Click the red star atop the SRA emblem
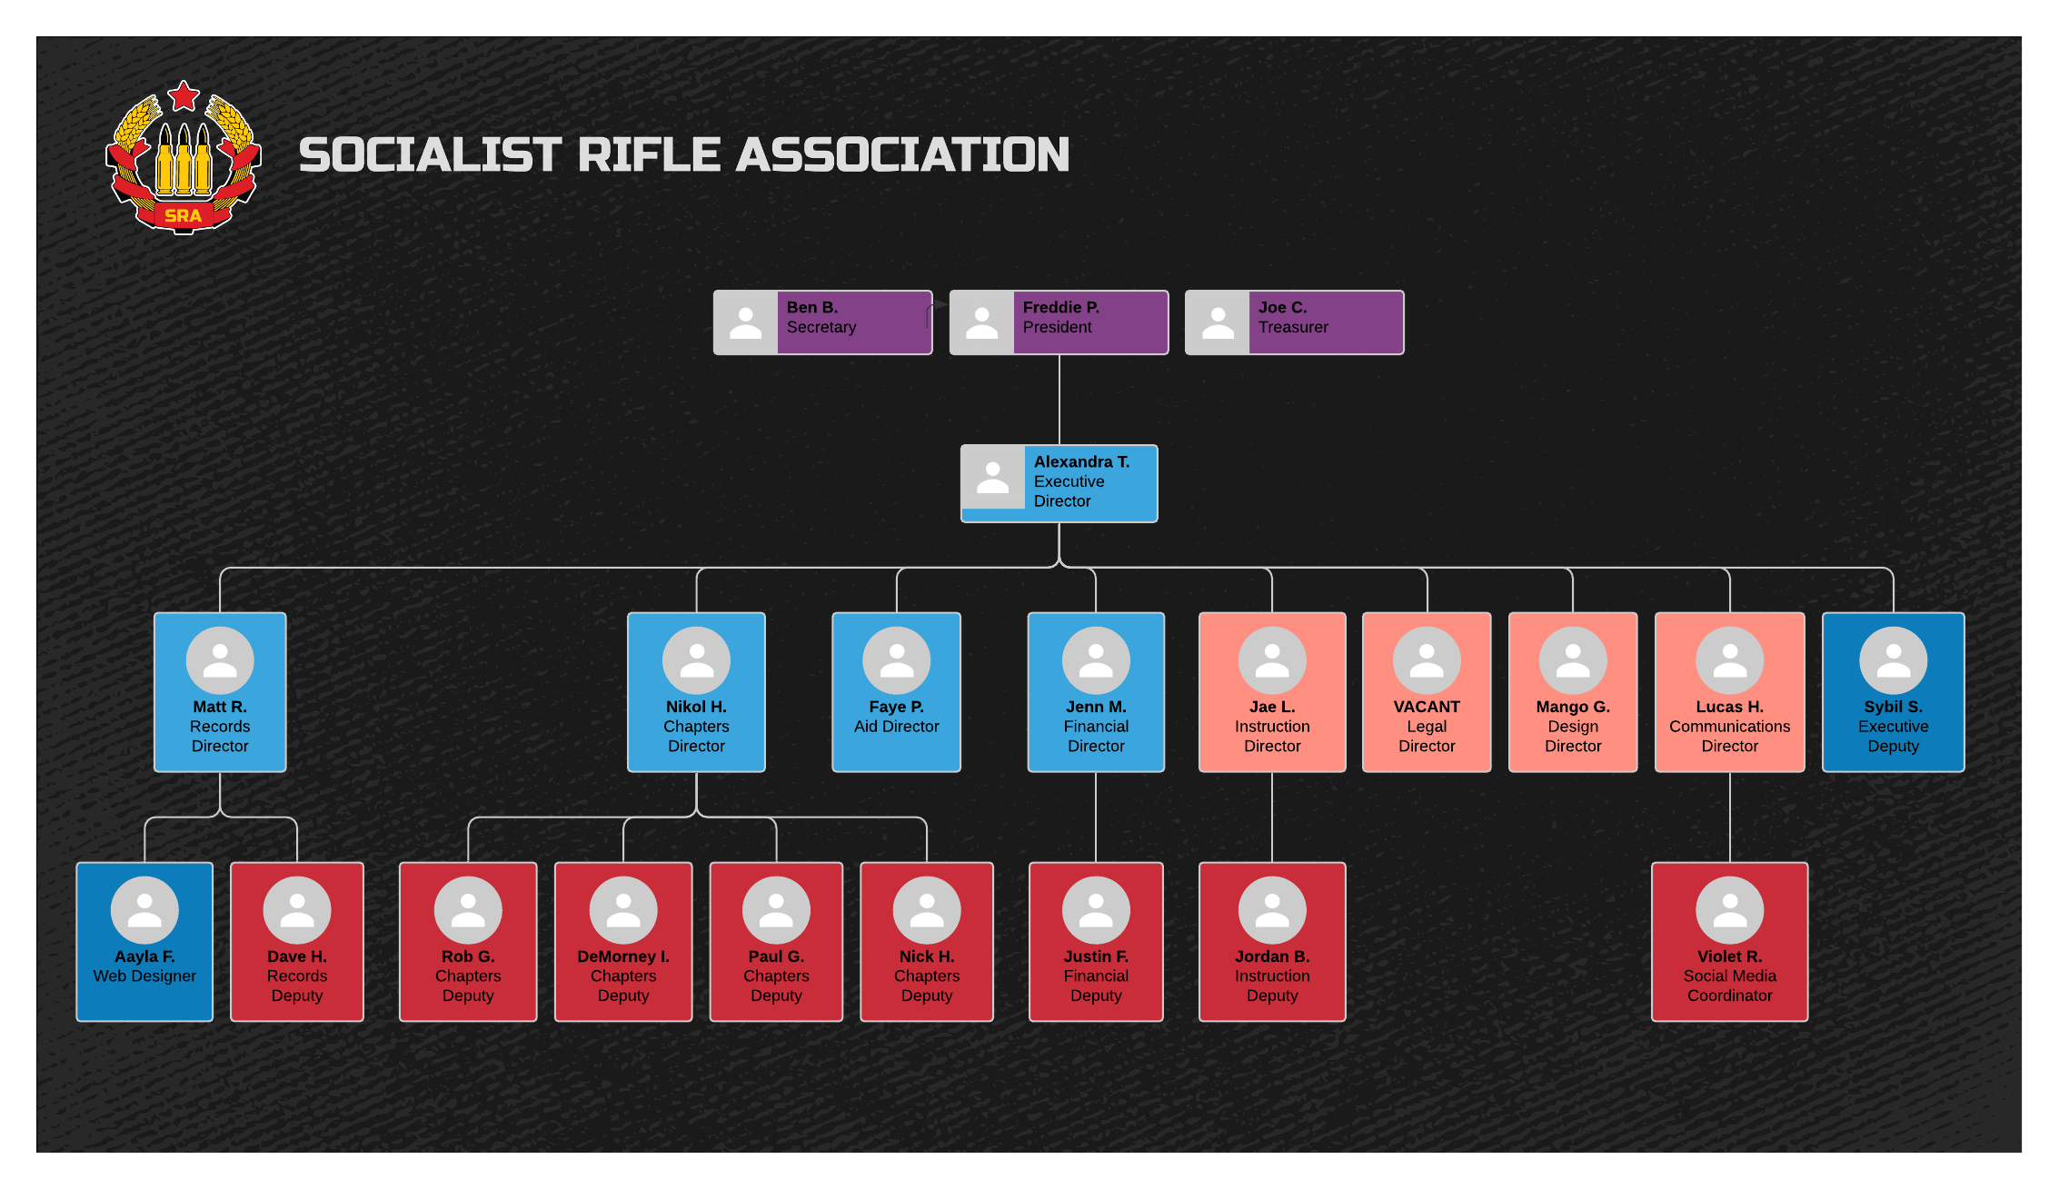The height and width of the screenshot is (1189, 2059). click(x=184, y=95)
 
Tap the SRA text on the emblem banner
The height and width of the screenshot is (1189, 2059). click(x=183, y=215)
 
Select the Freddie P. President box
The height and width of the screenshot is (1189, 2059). click(x=1059, y=322)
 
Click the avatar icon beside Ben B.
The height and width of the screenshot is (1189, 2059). click(x=746, y=322)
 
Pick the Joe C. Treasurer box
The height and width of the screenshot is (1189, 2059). click(x=1295, y=322)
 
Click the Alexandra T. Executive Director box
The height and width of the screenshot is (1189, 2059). click(x=1059, y=483)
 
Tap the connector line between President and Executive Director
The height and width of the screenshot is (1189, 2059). click(x=1059, y=400)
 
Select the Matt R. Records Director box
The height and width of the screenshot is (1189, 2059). click(x=220, y=692)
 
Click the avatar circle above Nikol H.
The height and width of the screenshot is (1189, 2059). click(x=696, y=660)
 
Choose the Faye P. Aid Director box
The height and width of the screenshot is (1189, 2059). click(x=896, y=692)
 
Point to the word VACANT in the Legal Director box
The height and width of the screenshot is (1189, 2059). click(x=1427, y=707)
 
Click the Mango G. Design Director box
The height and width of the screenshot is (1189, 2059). click(x=1573, y=692)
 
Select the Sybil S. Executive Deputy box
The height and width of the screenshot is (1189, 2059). click(x=1893, y=692)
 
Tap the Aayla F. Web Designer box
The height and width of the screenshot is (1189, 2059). click(x=144, y=942)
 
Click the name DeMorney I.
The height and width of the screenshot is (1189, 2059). click(x=623, y=956)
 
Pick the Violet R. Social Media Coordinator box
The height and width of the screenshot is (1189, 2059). click(x=1729, y=942)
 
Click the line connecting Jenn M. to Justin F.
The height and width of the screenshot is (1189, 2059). click(x=1096, y=817)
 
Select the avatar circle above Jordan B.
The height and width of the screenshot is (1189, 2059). click(x=1272, y=910)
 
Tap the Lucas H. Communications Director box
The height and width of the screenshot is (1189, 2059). click(x=1729, y=692)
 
